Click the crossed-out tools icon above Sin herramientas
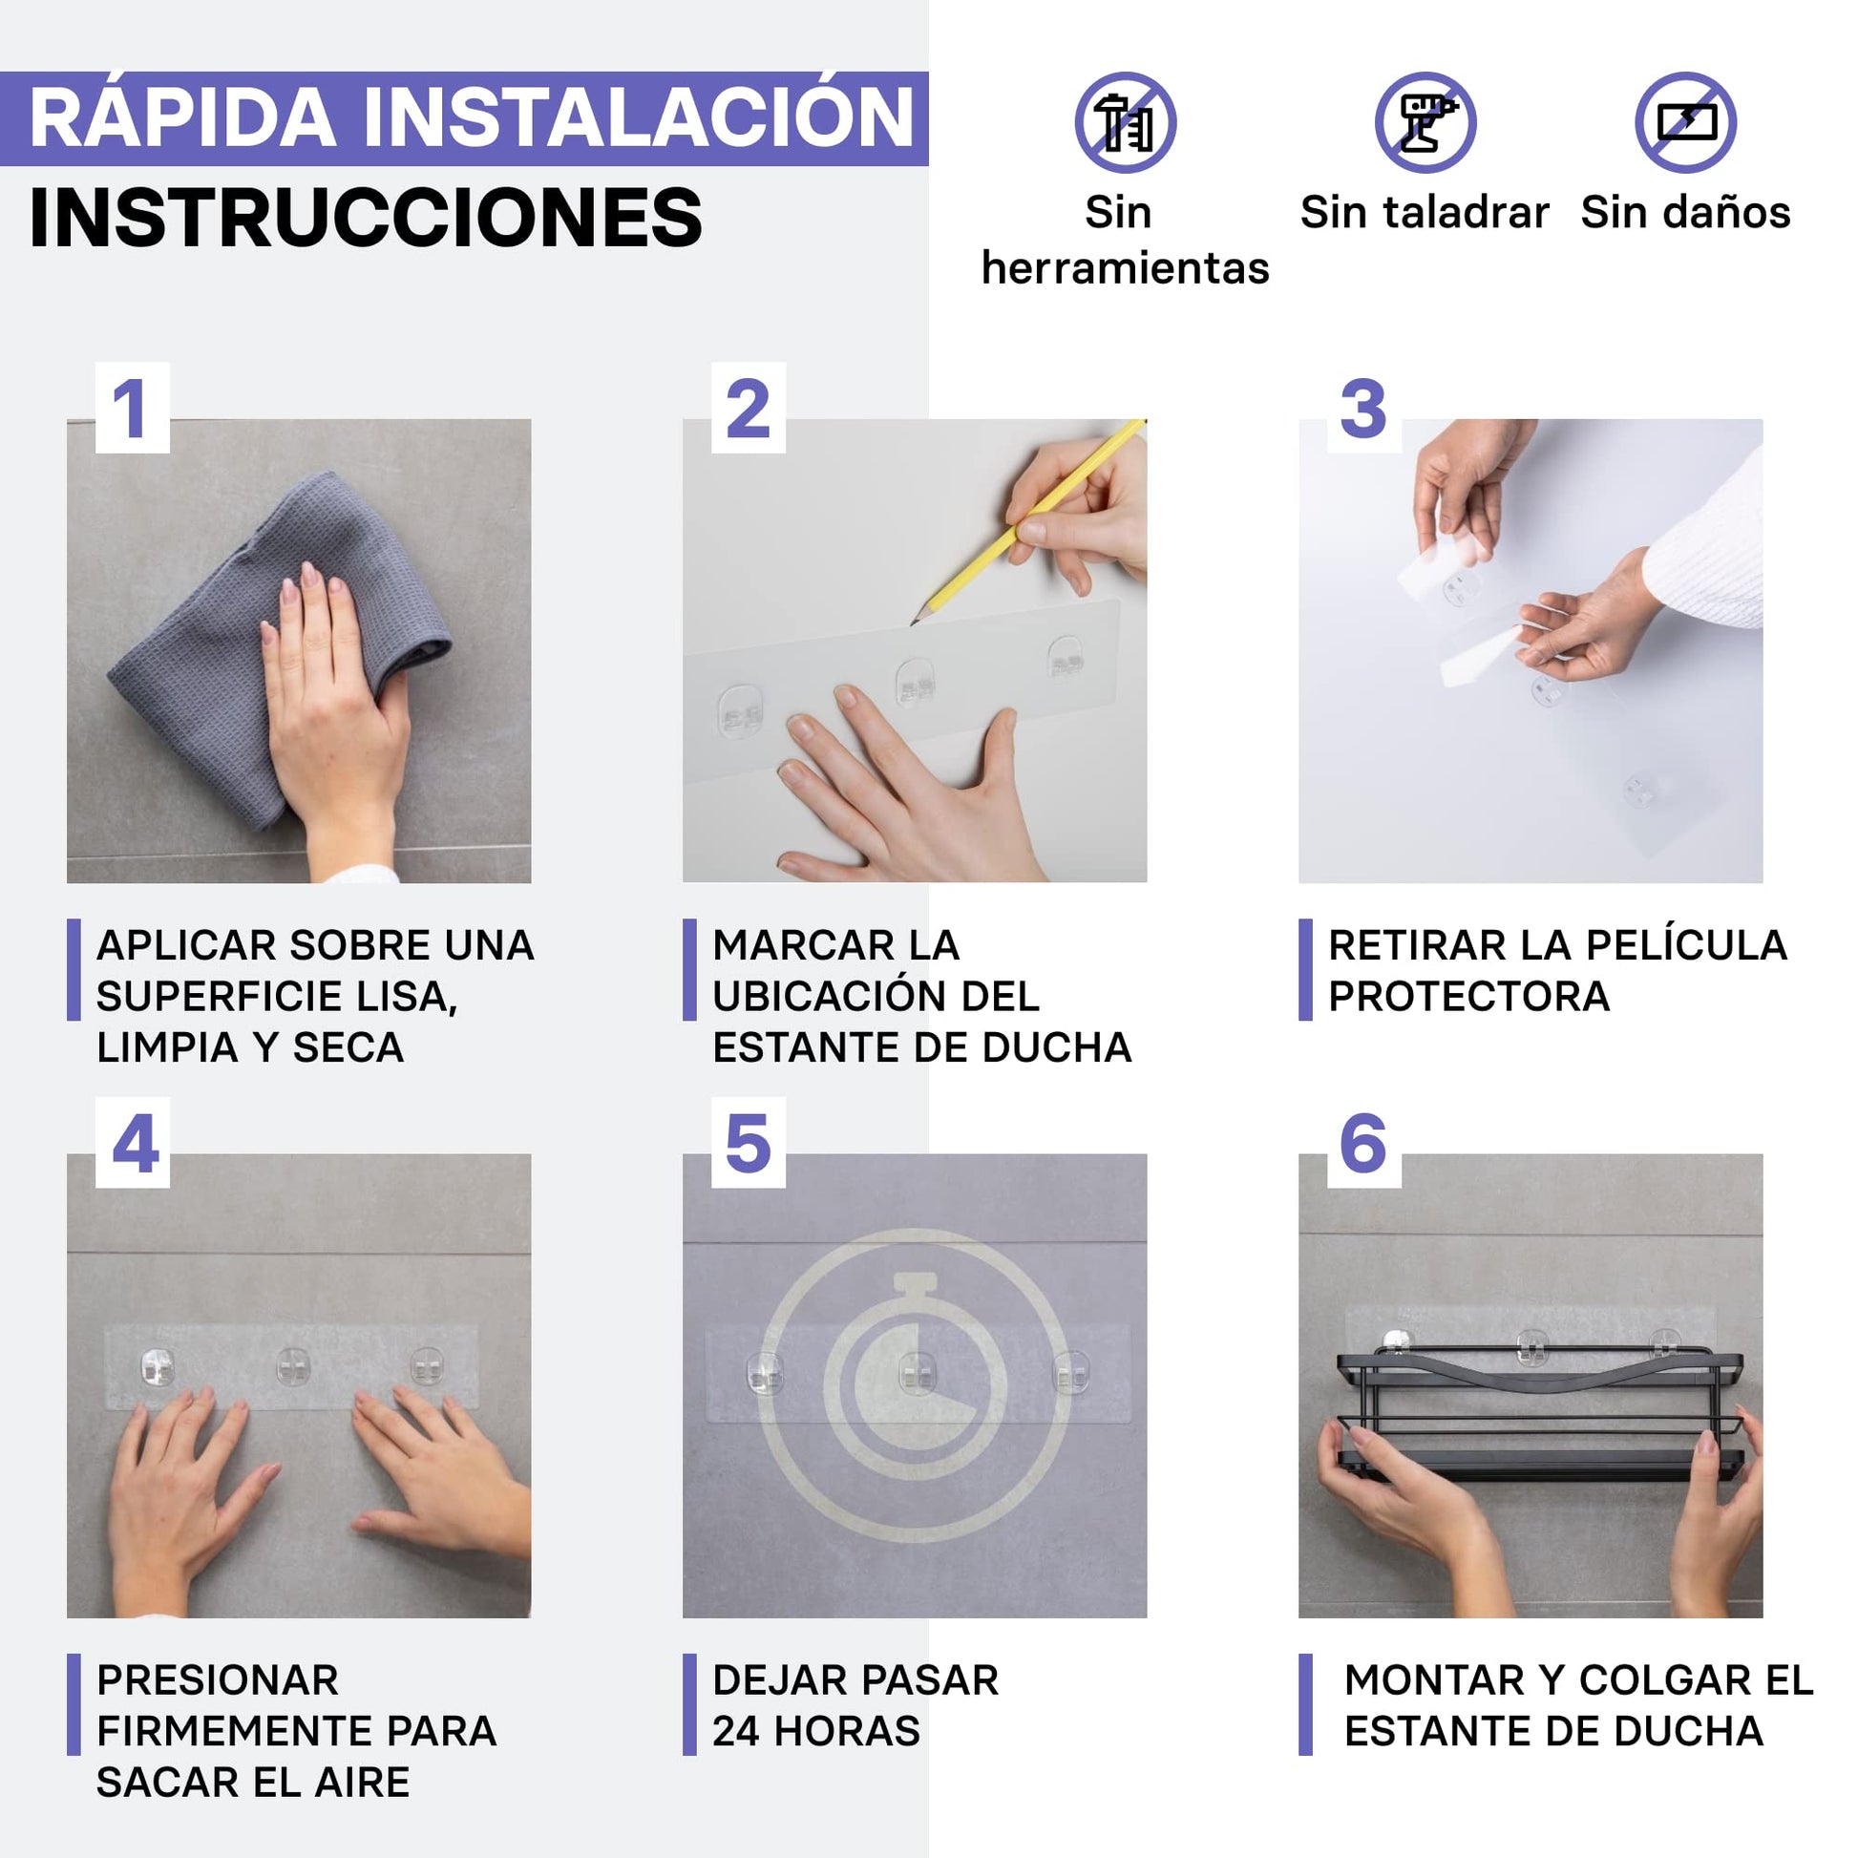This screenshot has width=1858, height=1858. [x=1125, y=122]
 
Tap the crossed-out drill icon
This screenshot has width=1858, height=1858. [x=1425, y=122]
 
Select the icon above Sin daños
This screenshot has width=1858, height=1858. [x=1686, y=122]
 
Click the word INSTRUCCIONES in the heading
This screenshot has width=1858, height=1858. [x=367, y=218]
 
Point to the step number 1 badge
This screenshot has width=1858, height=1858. [x=133, y=408]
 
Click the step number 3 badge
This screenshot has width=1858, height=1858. [x=1363, y=408]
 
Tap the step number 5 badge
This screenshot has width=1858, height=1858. [x=749, y=1143]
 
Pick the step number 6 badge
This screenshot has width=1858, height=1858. [x=1363, y=1143]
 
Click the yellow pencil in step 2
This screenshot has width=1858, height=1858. [x=1027, y=522]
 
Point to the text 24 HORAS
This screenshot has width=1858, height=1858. [x=816, y=1732]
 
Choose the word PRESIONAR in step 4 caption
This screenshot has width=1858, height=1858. [x=219, y=1681]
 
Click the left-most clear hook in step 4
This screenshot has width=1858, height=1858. [x=157, y=1367]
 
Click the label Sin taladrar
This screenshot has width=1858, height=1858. [x=1425, y=213]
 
